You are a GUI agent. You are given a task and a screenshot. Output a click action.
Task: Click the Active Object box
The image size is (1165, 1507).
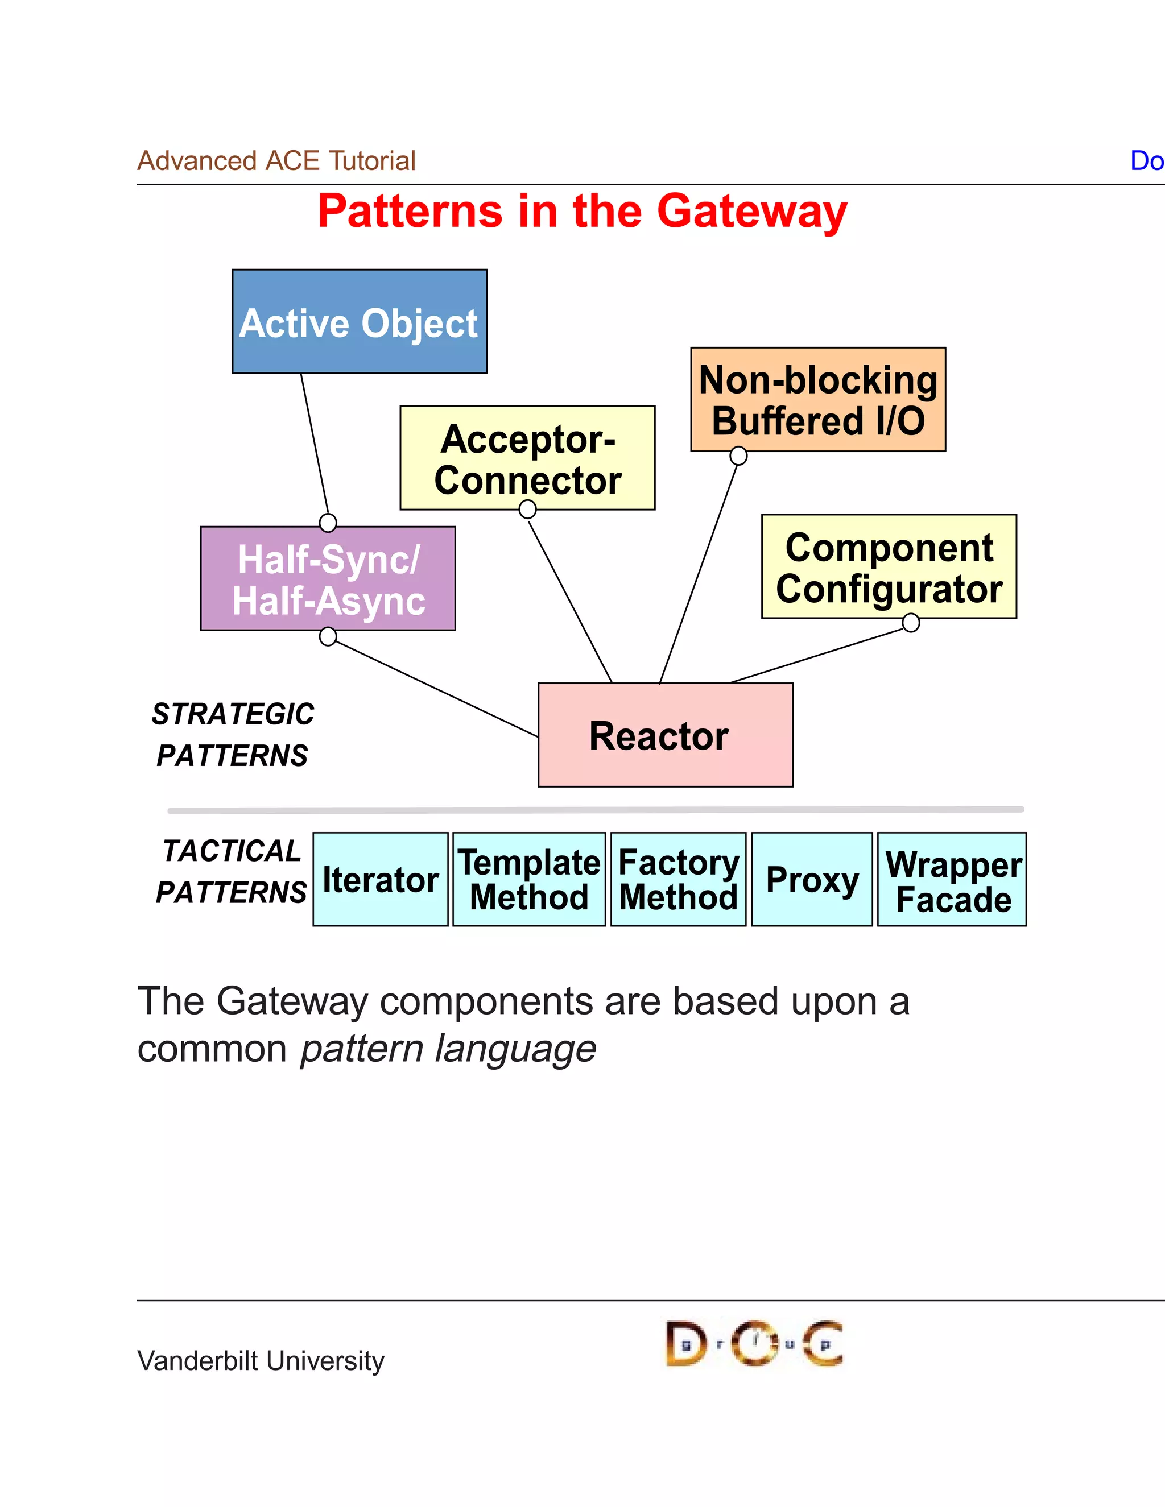click(x=360, y=321)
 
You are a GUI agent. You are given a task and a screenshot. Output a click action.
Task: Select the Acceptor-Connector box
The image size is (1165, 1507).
click(x=527, y=458)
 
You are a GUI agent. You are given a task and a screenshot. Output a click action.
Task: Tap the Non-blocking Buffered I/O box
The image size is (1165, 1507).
click(x=818, y=400)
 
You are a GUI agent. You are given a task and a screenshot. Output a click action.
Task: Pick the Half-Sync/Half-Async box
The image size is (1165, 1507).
click(x=328, y=579)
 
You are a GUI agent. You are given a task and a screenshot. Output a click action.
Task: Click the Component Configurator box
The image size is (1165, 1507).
click(x=889, y=566)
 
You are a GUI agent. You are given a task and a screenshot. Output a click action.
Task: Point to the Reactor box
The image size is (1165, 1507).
click(x=666, y=735)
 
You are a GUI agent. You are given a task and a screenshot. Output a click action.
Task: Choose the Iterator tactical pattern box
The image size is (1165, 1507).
click(x=381, y=879)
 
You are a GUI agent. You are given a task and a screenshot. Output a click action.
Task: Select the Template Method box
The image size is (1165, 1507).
click(x=528, y=879)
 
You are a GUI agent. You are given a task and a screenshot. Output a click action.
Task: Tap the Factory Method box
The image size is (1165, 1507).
click(x=679, y=879)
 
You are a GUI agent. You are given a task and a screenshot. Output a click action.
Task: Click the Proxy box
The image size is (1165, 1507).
click(x=812, y=879)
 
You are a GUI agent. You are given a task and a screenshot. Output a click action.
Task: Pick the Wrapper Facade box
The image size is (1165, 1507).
click(x=952, y=879)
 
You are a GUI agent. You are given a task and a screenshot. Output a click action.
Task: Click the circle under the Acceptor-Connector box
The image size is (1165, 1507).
click(x=527, y=510)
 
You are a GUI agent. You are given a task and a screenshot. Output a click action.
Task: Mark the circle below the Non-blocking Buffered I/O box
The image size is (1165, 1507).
click(x=738, y=456)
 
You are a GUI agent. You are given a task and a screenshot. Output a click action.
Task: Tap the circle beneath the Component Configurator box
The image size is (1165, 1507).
click(x=911, y=623)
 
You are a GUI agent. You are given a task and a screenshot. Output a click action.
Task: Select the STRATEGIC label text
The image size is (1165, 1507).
click(x=233, y=714)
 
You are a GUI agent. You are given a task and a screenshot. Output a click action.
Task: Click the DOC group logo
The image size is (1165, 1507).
click(x=754, y=1343)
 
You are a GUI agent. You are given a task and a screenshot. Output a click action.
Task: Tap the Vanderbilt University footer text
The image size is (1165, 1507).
click(x=261, y=1361)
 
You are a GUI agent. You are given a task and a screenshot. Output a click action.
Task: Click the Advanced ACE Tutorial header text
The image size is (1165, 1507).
click(x=276, y=161)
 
